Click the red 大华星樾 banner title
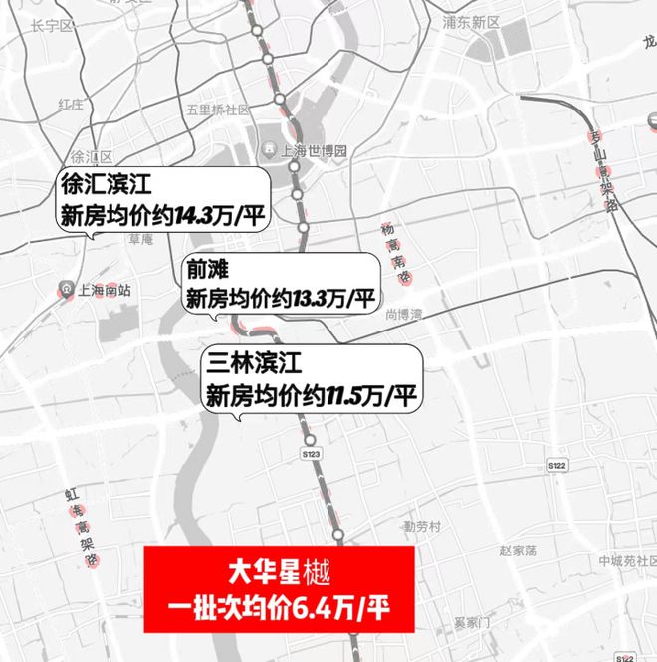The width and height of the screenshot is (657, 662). click(x=278, y=574)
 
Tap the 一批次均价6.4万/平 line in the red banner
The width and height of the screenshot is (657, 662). click(x=278, y=607)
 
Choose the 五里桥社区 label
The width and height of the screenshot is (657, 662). click(x=217, y=110)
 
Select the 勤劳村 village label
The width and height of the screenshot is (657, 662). click(x=422, y=525)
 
